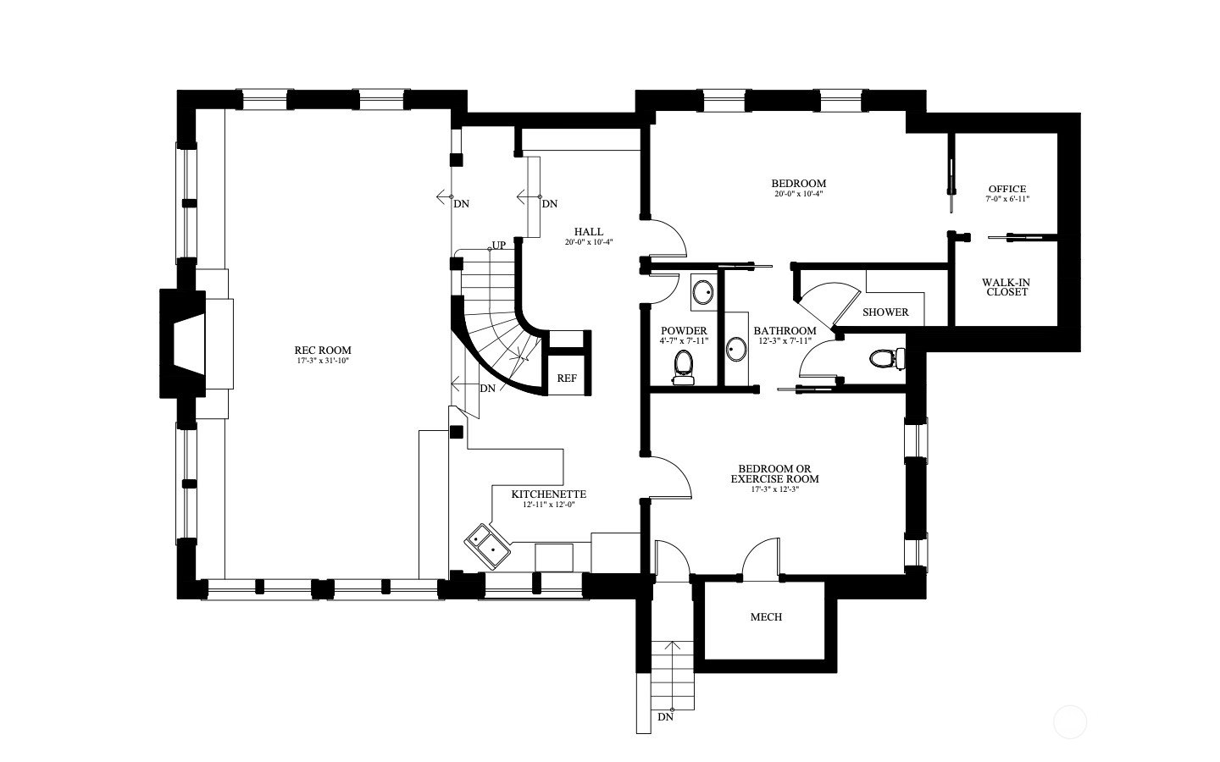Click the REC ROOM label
pyautogui.click(x=323, y=350)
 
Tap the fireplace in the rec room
pyautogui.click(x=182, y=344)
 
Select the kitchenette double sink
pyautogui.click(x=487, y=546)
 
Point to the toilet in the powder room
pyautogui.click(x=683, y=367)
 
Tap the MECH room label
pyautogui.click(x=766, y=616)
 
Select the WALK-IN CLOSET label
pyautogui.click(x=1006, y=287)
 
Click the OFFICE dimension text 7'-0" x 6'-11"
pyautogui.click(x=1007, y=199)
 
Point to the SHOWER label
pyautogui.click(x=885, y=312)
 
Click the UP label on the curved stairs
pyautogui.click(x=499, y=245)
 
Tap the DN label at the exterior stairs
pyautogui.click(x=666, y=717)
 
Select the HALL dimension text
pyautogui.click(x=589, y=242)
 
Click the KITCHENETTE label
pyautogui.click(x=548, y=494)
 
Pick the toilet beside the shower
pyautogui.click(x=887, y=359)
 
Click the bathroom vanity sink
pyautogui.click(x=736, y=349)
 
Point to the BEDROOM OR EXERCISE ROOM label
pyautogui.click(x=774, y=473)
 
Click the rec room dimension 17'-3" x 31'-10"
pyautogui.click(x=323, y=361)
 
